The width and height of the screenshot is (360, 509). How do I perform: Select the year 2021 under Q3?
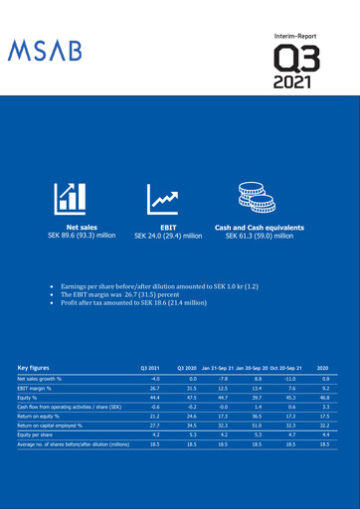pos(298,81)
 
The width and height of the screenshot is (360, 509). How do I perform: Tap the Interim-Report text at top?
pos(298,35)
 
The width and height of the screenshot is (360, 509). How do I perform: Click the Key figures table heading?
pos(39,367)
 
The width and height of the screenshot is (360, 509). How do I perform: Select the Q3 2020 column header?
pos(187,368)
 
